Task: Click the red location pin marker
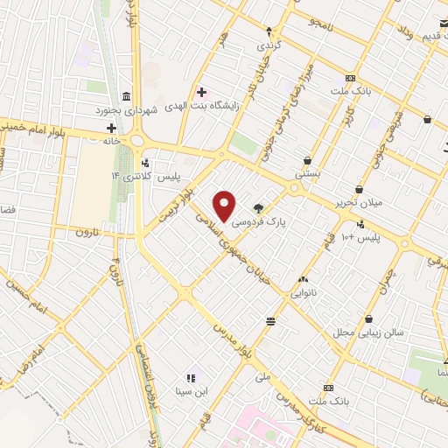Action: (x=225, y=206)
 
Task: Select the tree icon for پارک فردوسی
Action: (x=259, y=207)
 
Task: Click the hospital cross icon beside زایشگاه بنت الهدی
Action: (x=202, y=92)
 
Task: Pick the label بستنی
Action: (x=308, y=174)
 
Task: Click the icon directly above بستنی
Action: (x=308, y=160)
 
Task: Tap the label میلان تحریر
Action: (x=359, y=204)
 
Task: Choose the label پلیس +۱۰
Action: (x=360, y=237)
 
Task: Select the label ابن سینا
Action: (x=192, y=391)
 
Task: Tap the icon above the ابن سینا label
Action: (x=192, y=377)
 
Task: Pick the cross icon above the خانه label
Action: (x=112, y=128)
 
